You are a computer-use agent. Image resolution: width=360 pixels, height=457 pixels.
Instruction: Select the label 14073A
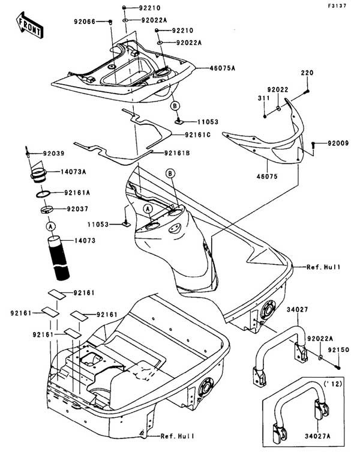[x=73, y=172]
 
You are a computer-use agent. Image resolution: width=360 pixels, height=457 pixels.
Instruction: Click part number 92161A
[x=78, y=193]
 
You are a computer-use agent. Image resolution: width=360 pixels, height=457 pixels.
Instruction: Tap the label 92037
[x=78, y=210]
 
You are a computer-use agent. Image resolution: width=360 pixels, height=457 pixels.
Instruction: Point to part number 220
[x=307, y=73]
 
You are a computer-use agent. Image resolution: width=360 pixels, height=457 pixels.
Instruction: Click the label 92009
[x=338, y=144]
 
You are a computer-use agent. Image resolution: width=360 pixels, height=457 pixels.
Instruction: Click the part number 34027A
[x=318, y=446]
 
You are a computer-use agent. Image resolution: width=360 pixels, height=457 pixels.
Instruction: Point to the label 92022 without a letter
[x=278, y=89]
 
